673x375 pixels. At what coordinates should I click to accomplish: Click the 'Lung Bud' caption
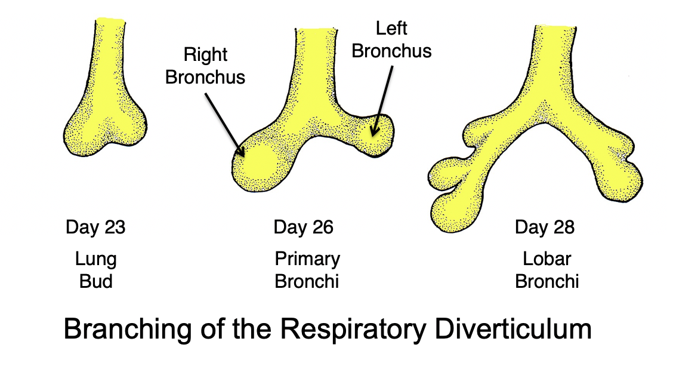click(95, 270)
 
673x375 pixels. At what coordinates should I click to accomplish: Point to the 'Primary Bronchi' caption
click(307, 270)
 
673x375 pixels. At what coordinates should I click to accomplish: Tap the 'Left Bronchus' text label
click(391, 39)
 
